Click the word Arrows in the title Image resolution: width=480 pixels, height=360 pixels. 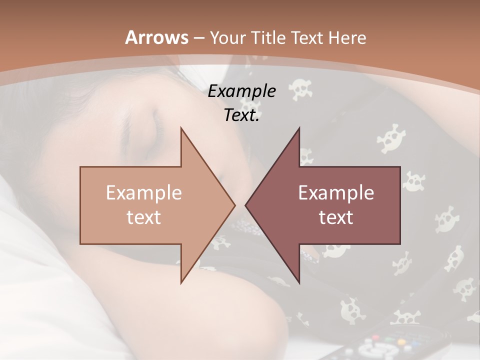[x=156, y=37]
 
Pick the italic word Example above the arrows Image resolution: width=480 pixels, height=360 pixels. [x=241, y=91]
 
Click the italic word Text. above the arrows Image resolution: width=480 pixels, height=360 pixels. [x=241, y=115]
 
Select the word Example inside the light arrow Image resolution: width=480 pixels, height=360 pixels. [x=144, y=192]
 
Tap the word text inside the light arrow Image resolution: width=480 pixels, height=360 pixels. [x=144, y=217]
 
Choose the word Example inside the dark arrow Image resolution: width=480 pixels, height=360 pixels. [x=336, y=192]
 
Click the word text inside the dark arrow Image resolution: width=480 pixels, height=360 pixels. [x=336, y=217]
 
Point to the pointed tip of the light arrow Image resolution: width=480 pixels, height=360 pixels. [x=234, y=205]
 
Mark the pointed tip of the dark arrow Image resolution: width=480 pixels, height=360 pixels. [x=246, y=205]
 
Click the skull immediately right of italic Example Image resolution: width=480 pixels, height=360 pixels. [x=301, y=89]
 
